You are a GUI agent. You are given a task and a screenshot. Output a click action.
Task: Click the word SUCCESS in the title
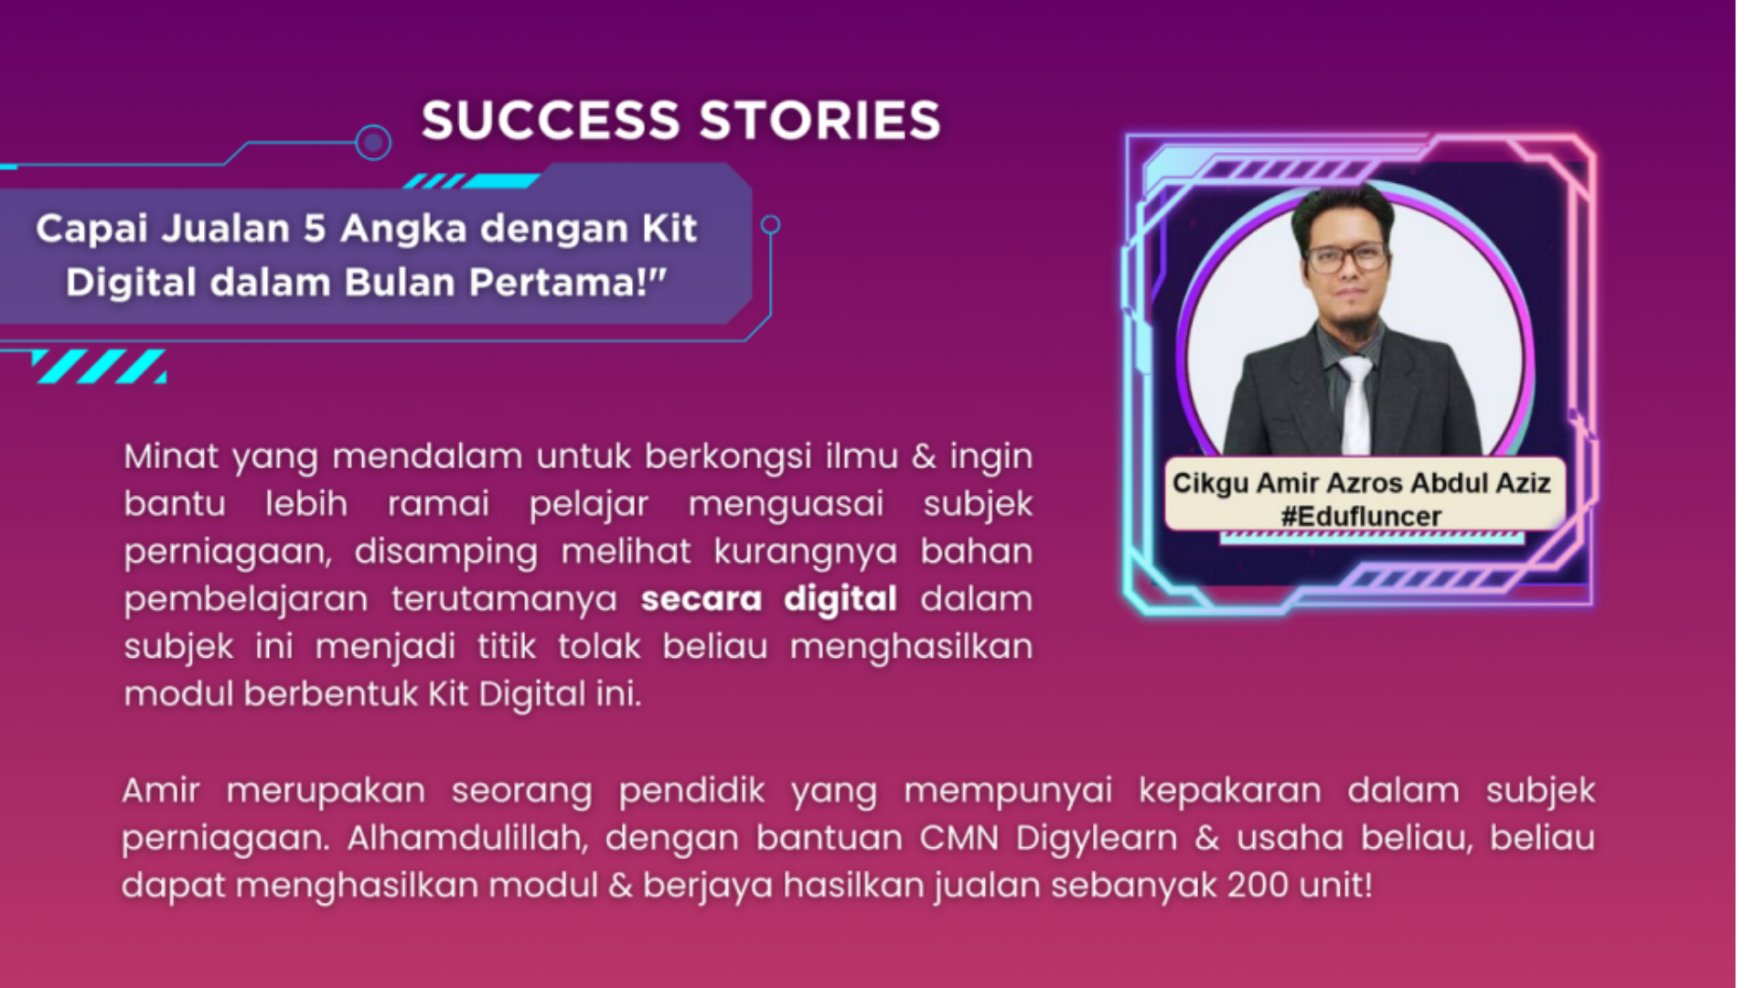point(551,120)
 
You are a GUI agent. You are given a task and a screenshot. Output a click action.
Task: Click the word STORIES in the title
point(820,120)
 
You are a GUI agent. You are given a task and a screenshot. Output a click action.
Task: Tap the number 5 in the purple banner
point(315,229)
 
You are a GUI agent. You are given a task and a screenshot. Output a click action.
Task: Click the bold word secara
point(701,599)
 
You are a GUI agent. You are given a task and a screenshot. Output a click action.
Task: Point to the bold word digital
point(841,600)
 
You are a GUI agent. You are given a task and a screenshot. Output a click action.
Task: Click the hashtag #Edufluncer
point(1361,517)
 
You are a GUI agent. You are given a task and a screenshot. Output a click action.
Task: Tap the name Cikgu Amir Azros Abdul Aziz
point(1361,483)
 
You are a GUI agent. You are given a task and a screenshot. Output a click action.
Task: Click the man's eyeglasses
point(1348,257)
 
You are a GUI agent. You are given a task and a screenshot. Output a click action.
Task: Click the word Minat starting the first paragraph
point(171,456)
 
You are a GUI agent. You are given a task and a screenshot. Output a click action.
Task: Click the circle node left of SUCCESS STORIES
point(373,143)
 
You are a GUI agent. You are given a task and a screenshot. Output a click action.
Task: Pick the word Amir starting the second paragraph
point(160,791)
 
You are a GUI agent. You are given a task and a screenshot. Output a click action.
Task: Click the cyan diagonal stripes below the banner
point(100,366)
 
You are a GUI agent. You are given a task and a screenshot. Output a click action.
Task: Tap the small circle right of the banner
point(771,224)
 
